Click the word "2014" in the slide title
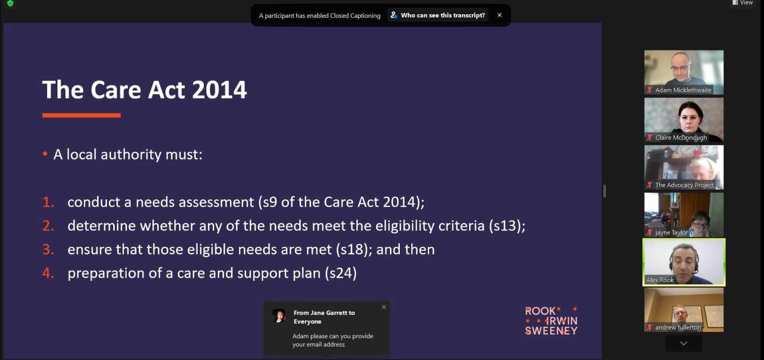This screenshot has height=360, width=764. (x=219, y=90)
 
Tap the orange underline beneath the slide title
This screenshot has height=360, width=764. (x=81, y=115)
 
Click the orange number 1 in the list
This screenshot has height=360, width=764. (x=48, y=202)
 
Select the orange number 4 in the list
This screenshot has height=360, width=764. (x=48, y=273)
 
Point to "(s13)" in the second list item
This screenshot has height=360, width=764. (x=506, y=226)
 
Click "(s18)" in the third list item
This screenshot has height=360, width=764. (x=354, y=250)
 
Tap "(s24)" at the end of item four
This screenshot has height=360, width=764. (x=340, y=273)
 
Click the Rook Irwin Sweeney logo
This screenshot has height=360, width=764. (x=551, y=321)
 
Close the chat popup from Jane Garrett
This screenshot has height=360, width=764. (x=383, y=307)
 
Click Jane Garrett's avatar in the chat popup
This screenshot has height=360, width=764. (x=279, y=316)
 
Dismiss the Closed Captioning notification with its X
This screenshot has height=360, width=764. (x=499, y=15)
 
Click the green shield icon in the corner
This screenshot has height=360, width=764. (x=10, y=3)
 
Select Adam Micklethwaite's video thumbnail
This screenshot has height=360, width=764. (x=683, y=69)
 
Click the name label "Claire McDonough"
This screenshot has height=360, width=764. (x=681, y=137)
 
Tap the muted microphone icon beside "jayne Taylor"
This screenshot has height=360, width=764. (x=650, y=232)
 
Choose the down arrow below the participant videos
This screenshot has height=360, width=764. (x=683, y=343)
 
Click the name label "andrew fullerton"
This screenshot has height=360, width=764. (x=678, y=327)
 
